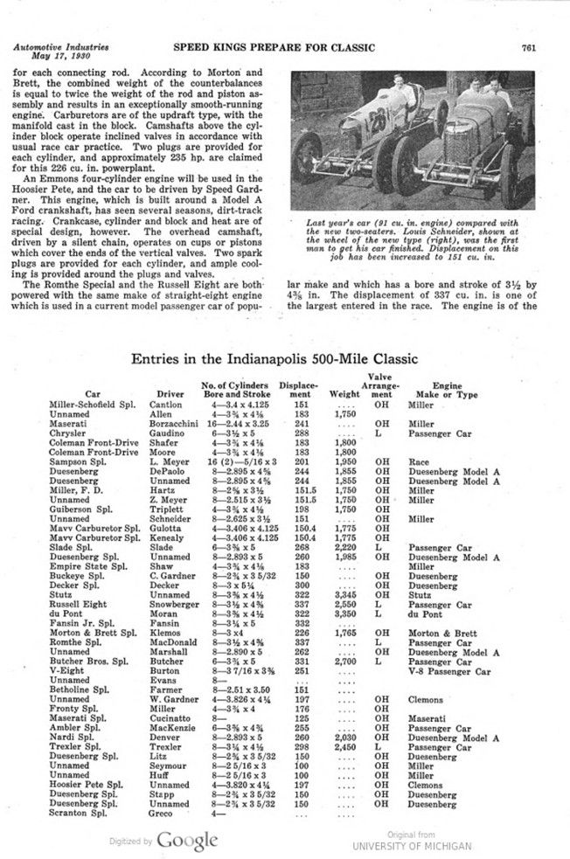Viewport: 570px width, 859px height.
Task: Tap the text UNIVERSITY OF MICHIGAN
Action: point(412,846)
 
